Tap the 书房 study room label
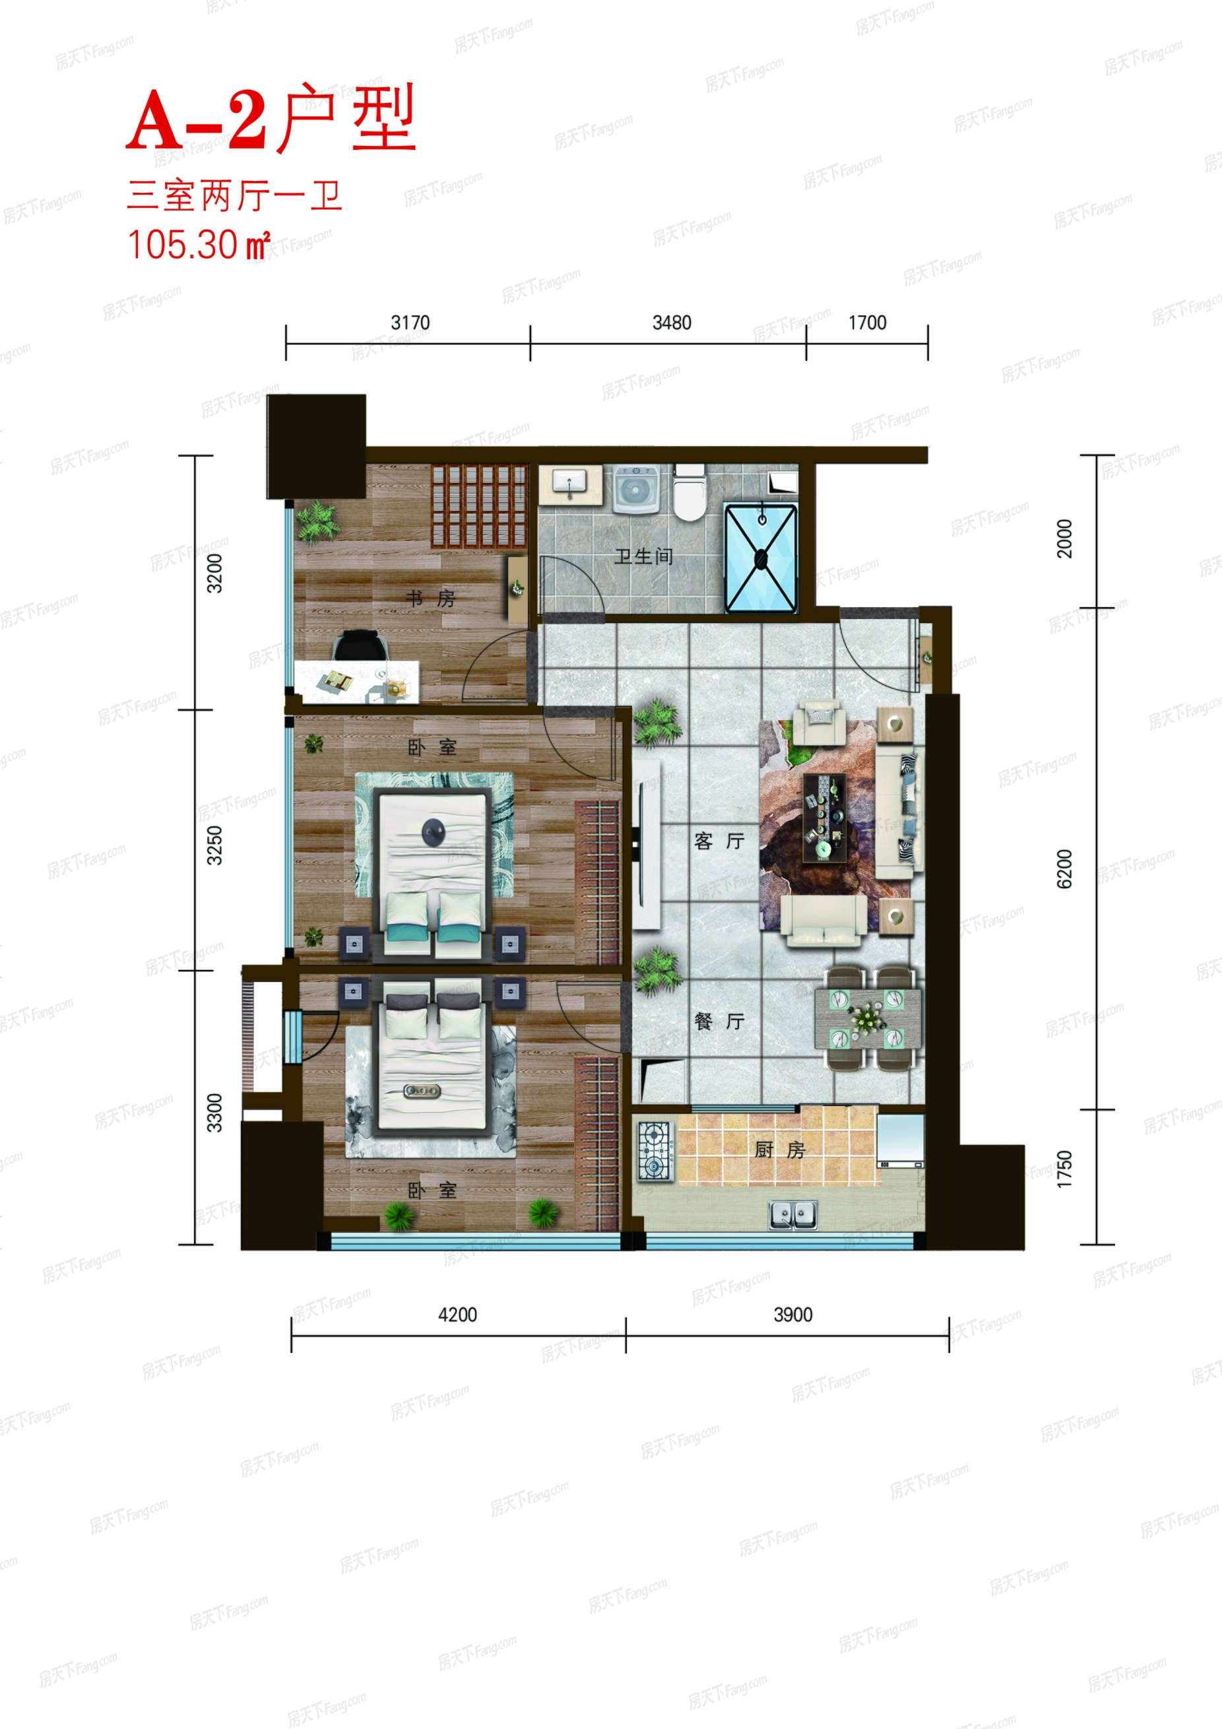430,599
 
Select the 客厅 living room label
719,841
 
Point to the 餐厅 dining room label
719,1021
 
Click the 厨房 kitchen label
780,1150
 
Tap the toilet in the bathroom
689,492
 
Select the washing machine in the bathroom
635,489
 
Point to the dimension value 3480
672,323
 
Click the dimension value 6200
1064,869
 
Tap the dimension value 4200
458,1315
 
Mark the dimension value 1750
1064,1169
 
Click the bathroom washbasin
570,482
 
